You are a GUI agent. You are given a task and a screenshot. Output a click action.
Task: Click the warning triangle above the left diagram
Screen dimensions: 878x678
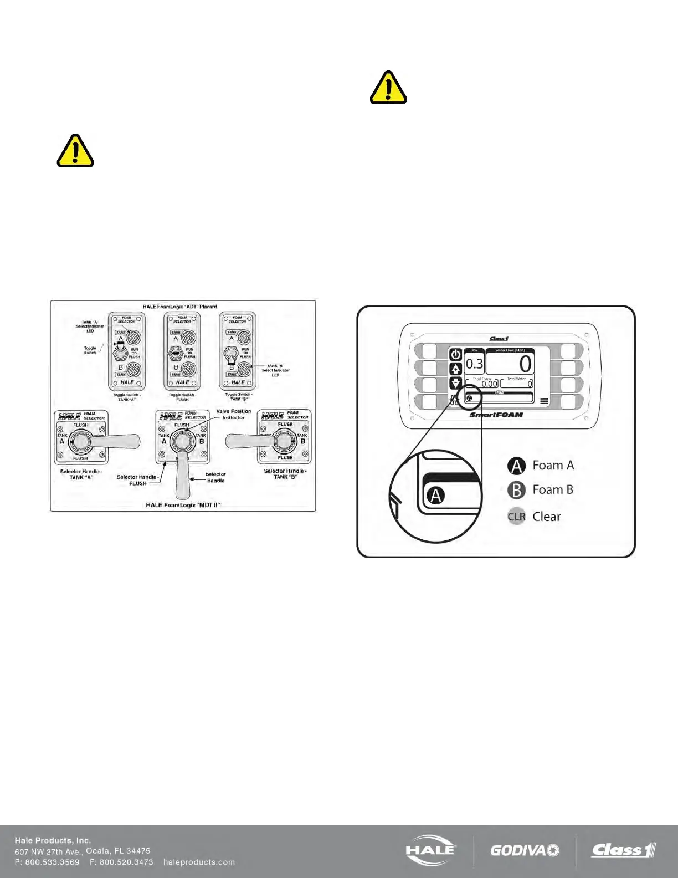coord(75,151)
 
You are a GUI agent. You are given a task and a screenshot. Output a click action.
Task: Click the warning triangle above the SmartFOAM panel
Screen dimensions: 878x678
coord(388,88)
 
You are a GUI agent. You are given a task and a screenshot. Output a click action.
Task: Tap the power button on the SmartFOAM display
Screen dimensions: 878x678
coord(455,355)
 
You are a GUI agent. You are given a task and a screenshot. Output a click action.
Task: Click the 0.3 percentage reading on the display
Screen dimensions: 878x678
coord(474,364)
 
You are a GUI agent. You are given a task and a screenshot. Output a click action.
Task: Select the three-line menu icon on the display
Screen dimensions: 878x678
coord(545,401)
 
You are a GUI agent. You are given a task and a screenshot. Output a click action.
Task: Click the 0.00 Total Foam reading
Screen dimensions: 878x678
coord(489,384)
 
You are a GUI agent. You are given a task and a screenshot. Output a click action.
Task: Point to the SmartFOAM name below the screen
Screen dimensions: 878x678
coord(496,415)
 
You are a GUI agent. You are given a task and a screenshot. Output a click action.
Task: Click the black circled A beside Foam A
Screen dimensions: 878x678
coord(516,466)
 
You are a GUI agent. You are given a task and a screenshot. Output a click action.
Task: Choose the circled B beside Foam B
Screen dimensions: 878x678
coord(516,490)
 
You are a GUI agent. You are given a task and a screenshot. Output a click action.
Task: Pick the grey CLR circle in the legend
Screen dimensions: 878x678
coord(516,517)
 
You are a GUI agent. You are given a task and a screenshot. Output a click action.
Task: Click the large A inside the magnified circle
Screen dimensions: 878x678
coord(436,495)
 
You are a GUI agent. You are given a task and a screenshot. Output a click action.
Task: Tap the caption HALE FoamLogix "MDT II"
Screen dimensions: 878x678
coord(183,505)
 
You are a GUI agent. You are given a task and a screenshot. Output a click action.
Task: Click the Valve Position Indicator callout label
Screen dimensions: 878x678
coord(233,414)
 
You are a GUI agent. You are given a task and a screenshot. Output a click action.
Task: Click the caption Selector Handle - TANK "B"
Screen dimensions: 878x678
coord(285,474)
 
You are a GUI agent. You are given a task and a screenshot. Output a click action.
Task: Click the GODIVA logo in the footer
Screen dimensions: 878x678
coord(525,850)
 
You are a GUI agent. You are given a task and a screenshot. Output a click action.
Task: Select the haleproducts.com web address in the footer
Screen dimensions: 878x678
coord(199,862)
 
